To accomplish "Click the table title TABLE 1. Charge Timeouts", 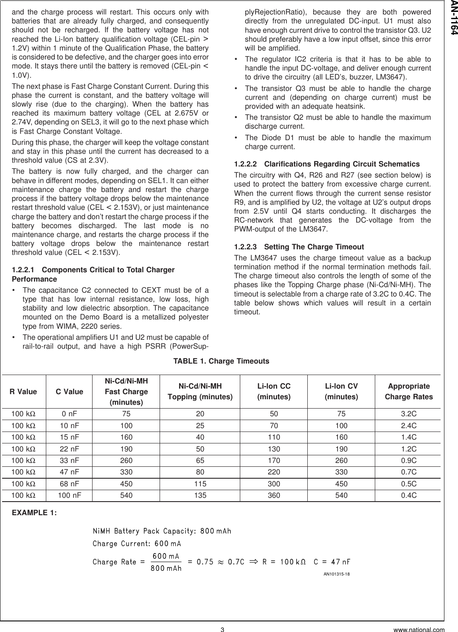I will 221,361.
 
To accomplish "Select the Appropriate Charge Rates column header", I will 409,392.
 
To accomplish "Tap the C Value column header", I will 70,392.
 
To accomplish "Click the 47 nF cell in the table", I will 70,472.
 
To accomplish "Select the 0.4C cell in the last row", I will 409,495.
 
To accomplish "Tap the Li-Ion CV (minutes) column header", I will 341,392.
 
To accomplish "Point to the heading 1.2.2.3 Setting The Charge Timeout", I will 299,247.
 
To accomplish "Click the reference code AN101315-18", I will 337,574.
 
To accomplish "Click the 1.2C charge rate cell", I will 409,449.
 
